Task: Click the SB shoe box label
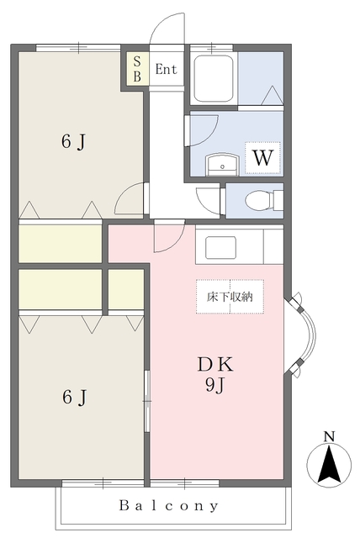(137, 69)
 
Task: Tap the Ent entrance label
(166, 69)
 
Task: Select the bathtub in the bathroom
(213, 78)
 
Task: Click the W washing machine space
(263, 157)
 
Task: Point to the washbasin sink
(222, 165)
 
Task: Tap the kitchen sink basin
(220, 247)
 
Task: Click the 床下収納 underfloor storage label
(230, 297)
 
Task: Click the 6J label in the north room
(73, 141)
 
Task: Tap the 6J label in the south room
(74, 397)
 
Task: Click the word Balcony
(168, 505)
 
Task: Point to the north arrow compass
(329, 466)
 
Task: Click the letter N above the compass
(329, 436)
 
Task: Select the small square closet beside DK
(126, 289)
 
